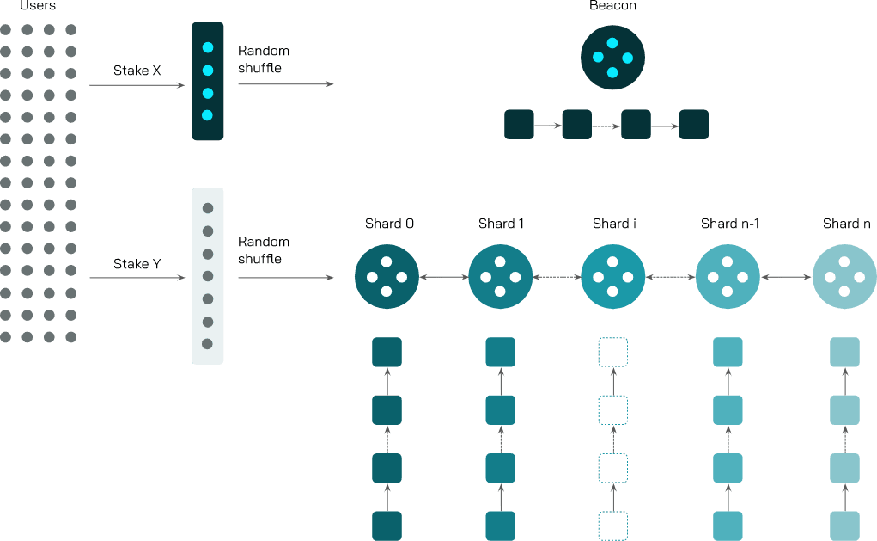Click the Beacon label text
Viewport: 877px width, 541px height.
click(x=612, y=6)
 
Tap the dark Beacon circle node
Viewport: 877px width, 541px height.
click(x=612, y=58)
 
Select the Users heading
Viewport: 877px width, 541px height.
click(x=38, y=6)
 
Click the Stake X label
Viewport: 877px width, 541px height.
click(x=137, y=71)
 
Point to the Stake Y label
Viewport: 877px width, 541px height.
click(x=137, y=264)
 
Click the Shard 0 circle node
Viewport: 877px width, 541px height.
click(x=387, y=277)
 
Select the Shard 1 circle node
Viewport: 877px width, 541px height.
click(x=500, y=277)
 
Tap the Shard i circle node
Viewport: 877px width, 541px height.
click(x=613, y=277)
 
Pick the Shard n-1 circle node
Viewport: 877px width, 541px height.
click(x=728, y=277)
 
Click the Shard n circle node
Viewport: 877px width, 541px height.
click(x=844, y=277)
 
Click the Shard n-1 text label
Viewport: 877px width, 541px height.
click(x=730, y=224)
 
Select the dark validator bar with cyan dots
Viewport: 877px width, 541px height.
click(x=207, y=81)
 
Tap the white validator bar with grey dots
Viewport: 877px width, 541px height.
click(x=207, y=275)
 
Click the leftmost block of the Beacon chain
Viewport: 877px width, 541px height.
click(x=519, y=124)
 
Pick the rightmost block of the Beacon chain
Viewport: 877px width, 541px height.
click(x=693, y=124)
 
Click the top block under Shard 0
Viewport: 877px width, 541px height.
click(x=387, y=353)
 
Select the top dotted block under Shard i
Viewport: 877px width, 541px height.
click(x=613, y=353)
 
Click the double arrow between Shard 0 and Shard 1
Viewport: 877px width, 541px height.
click(x=443, y=277)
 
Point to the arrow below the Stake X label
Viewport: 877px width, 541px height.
click(x=137, y=85)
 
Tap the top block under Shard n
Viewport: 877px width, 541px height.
click(x=844, y=353)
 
